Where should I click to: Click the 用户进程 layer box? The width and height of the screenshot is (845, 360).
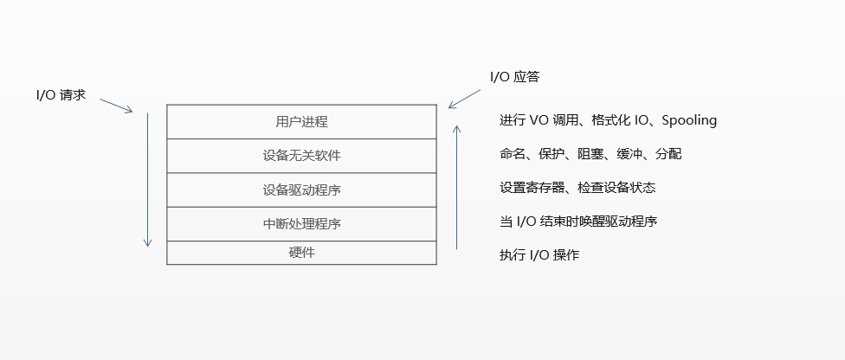point(301,121)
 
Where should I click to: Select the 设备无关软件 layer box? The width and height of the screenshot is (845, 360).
point(301,156)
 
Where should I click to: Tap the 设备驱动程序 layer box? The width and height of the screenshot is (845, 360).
point(301,190)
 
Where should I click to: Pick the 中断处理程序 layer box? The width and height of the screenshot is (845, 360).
point(301,223)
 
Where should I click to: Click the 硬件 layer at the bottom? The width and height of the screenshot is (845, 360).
point(301,253)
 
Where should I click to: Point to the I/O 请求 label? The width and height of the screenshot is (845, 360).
point(60,95)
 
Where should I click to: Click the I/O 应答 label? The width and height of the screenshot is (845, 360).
point(514,77)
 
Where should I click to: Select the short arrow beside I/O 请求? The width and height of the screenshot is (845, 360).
point(116,105)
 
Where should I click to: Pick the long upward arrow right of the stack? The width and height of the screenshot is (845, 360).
point(457,186)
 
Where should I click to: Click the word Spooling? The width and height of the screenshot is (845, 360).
point(689,120)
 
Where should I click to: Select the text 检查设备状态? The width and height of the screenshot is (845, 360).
point(623,188)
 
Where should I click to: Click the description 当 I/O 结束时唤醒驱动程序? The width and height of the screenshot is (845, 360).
point(578,222)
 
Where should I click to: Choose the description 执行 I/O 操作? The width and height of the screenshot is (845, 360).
point(539,255)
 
